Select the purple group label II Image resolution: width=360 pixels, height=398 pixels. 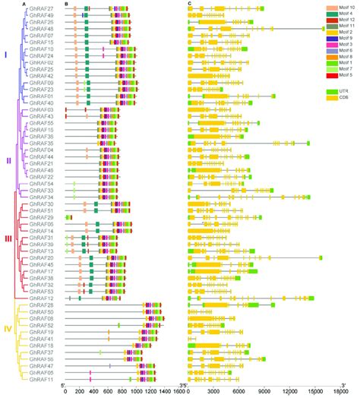click(x=8, y=160)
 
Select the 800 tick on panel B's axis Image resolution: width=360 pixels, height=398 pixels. click(x=123, y=392)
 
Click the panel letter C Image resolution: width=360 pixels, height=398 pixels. click(x=188, y=4)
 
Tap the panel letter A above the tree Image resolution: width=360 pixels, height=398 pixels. click(x=25, y=4)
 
